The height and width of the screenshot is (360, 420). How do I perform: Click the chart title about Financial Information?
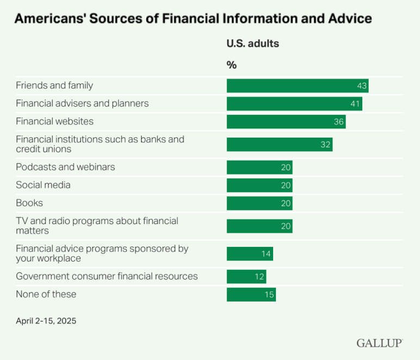pos(193,19)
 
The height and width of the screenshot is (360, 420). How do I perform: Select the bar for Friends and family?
pos(297,85)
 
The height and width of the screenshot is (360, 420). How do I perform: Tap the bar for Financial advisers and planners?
pos(294,103)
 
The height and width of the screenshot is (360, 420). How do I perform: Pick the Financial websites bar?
pos(286,121)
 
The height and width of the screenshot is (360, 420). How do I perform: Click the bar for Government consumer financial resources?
pos(246,276)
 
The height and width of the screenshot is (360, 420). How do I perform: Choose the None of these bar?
pos(251,294)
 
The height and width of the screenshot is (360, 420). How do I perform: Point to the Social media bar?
pos(259,185)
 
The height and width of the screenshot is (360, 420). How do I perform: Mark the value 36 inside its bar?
pos(339,122)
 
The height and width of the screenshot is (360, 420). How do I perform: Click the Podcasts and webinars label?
pos(65,167)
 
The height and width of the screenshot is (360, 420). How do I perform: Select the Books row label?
pos(29,203)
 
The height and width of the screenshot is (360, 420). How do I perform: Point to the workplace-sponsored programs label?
pos(102,253)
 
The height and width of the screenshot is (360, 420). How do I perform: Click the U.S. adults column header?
pos(252,44)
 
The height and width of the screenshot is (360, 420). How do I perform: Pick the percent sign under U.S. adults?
pos(232,65)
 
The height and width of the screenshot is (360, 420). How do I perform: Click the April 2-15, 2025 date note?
pos(46,321)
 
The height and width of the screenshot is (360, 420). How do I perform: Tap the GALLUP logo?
pos(379,343)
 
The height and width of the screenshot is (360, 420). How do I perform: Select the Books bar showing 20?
pos(259,203)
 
